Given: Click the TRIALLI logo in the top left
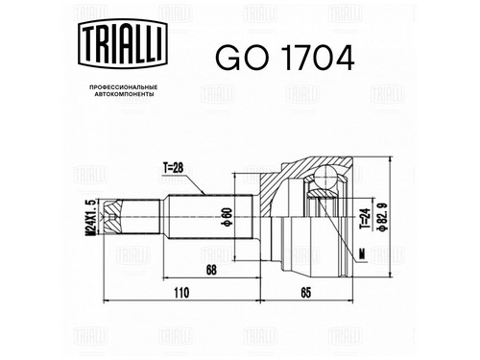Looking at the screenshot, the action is (x=123, y=43).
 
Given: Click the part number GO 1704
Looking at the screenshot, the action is (x=284, y=58).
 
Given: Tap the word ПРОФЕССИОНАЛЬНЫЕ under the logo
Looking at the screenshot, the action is (x=124, y=87).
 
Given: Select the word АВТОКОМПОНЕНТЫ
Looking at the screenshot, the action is (x=124, y=94).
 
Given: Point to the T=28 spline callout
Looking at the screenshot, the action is (x=173, y=168).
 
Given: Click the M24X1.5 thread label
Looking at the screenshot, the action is (x=91, y=217).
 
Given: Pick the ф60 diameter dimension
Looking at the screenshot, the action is (x=227, y=217).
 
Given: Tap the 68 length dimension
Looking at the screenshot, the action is (x=211, y=270).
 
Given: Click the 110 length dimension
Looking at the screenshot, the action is (x=181, y=293).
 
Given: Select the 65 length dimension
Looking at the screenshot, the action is (x=306, y=293).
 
